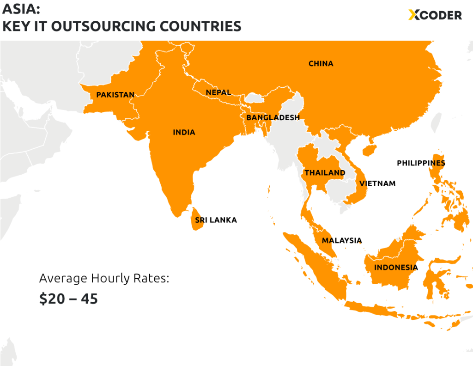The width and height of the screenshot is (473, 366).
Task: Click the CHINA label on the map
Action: coord(321,63)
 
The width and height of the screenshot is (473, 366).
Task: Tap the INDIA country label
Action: coord(184,132)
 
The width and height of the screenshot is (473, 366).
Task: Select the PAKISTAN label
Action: coord(115,95)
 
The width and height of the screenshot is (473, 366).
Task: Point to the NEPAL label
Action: coord(218,92)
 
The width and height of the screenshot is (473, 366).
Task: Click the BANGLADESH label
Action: coord(273,117)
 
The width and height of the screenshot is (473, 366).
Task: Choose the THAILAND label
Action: coord(325,173)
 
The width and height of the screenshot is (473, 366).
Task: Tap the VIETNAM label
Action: coord(377,183)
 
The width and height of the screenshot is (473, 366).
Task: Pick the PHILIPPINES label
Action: coord(421,163)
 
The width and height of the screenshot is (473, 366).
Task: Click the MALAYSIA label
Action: coord(342,240)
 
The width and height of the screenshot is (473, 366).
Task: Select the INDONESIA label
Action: coord(396,267)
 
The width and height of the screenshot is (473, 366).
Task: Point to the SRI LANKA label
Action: coord(216,220)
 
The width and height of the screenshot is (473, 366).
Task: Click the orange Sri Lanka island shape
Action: coord(193,219)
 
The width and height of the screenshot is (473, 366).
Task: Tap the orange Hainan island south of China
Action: coord(369,150)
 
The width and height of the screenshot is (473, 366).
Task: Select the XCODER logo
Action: coord(435,15)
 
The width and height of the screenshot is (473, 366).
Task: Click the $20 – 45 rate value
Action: coord(68,299)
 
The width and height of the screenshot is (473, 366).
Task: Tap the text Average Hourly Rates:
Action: coord(104,278)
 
